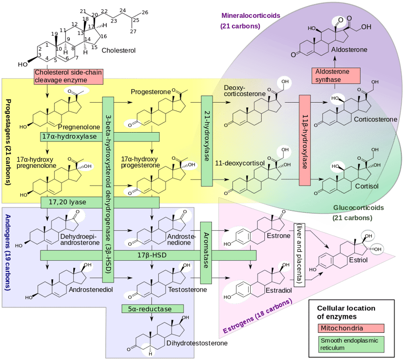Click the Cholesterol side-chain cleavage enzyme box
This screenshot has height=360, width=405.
68,76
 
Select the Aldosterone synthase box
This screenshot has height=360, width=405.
336,75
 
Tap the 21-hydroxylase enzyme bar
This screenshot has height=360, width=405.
207,141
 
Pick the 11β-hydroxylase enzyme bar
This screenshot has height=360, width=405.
305,140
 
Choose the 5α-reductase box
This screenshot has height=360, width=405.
153,309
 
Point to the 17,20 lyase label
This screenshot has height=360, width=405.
67,202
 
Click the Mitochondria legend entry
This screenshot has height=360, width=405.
351,328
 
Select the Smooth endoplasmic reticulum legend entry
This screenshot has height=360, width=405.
351,344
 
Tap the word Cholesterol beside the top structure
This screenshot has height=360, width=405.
119,50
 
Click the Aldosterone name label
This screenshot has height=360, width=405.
349,50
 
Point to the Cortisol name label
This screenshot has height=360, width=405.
367,186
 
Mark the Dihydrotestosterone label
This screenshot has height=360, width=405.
197,343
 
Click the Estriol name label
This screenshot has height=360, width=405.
358,260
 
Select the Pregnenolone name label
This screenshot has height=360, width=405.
79,127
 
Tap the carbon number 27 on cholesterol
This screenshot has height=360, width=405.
133,31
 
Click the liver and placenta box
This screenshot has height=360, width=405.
300,255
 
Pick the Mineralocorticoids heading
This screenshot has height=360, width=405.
250,15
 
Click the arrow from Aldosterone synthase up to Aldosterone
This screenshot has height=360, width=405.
335,62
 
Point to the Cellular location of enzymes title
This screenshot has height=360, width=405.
346,312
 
